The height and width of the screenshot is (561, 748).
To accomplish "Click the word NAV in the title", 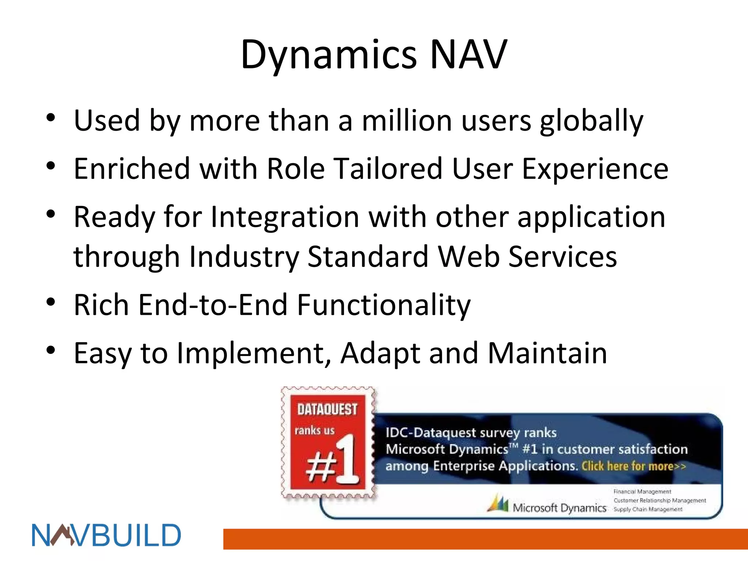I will (x=469, y=55).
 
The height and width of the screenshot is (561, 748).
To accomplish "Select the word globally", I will (x=591, y=121).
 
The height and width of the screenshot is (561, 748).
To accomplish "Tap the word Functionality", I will (x=383, y=305).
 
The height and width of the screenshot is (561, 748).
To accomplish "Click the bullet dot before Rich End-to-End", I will (x=51, y=302).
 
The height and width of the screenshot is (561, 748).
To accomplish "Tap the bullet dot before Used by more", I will (x=51, y=117).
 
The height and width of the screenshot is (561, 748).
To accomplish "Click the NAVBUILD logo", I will (x=106, y=535).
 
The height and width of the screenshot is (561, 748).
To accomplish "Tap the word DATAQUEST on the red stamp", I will (x=327, y=409).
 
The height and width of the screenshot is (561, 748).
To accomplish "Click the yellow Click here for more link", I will (x=634, y=466).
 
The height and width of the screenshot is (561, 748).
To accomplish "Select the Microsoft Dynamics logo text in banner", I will (x=559, y=508).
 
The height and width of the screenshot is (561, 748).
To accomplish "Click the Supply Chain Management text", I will (x=648, y=509).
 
